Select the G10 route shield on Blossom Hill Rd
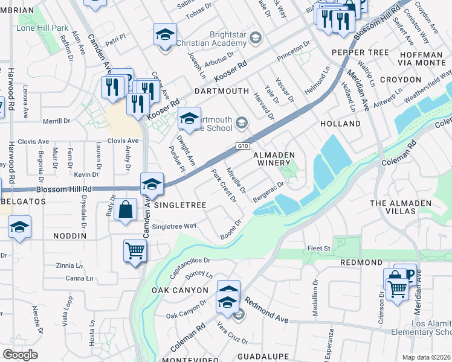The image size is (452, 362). click(x=241, y=146)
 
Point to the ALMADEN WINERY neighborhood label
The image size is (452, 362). click(x=273, y=159)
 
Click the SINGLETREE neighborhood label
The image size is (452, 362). click(x=181, y=205)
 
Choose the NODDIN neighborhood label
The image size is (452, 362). click(x=70, y=236)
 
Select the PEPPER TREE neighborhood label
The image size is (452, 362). click(x=360, y=53)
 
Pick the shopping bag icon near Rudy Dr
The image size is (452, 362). click(x=125, y=211)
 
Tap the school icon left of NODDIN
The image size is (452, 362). click(x=19, y=227)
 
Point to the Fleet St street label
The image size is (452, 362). click(x=319, y=248)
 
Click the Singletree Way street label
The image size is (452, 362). click(x=174, y=226)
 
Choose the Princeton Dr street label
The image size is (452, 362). click(x=293, y=53)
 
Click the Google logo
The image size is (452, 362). click(x=21, y=354)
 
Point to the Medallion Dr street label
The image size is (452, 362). click(x=315, y=292)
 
